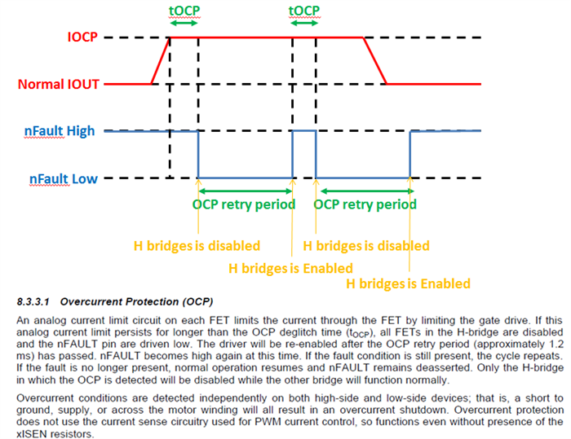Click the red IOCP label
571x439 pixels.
[82, 37]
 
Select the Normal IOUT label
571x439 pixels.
[59, 84]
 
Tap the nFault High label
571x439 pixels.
[60, 130]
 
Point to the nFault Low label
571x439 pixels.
[64, 178]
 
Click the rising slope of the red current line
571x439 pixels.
[161, 61]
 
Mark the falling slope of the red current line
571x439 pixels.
[374, 61]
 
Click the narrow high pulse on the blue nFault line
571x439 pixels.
[304, 130]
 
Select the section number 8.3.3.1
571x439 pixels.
[33, 302]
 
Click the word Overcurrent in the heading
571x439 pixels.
[91, 302]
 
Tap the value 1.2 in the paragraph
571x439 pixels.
[556, 344]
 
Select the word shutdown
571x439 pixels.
[424, 410]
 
